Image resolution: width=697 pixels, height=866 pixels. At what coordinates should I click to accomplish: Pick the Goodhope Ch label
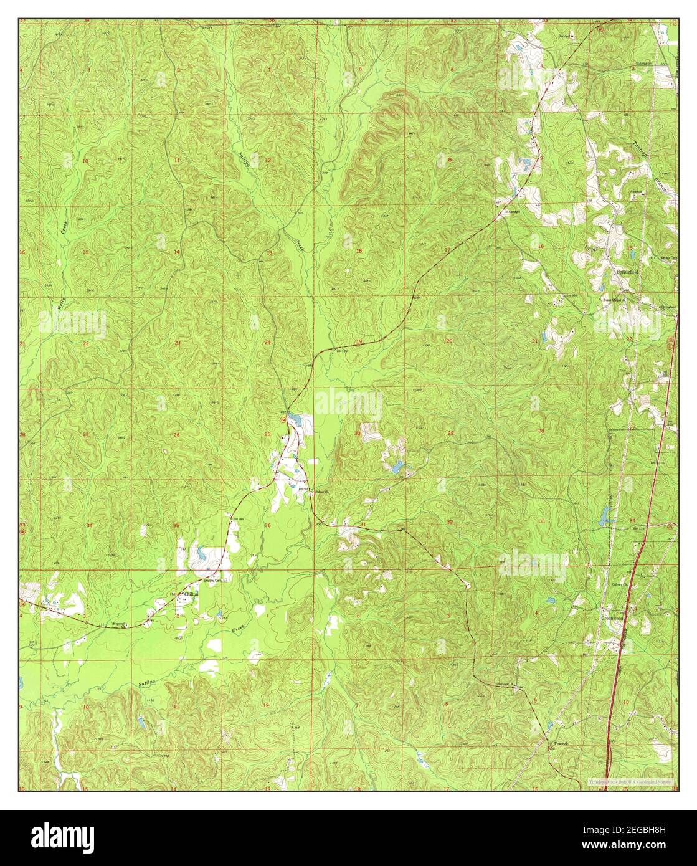coord(506,683)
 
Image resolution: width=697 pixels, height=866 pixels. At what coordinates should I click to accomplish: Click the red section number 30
coord(358,433)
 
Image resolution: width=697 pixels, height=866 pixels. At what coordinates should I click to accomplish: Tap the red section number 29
coord(450,432)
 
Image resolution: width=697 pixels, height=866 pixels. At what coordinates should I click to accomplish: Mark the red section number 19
coord(359,341)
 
